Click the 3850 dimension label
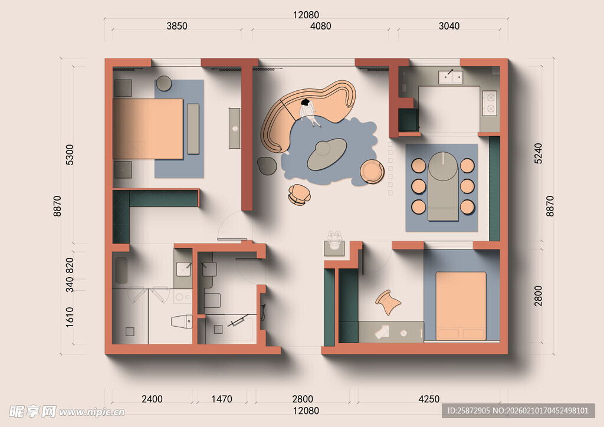(177, 26)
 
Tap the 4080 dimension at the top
(320, 26)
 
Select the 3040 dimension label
(449, 26)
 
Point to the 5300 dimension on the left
(70, 155)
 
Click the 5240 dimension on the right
(538, 153)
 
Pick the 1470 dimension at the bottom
(222, 399)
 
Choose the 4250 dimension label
(429, 399)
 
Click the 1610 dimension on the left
(70, 317)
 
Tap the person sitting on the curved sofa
(309, 112)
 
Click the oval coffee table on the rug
(327, 154)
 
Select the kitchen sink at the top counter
(450, 77)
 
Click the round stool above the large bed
(164, 83)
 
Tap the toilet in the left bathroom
(182, 321)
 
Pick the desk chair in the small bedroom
(388, 302)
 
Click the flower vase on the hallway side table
(334, 240)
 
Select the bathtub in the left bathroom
(122, 270)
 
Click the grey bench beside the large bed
(193, 129)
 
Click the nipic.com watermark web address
(92, 413)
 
